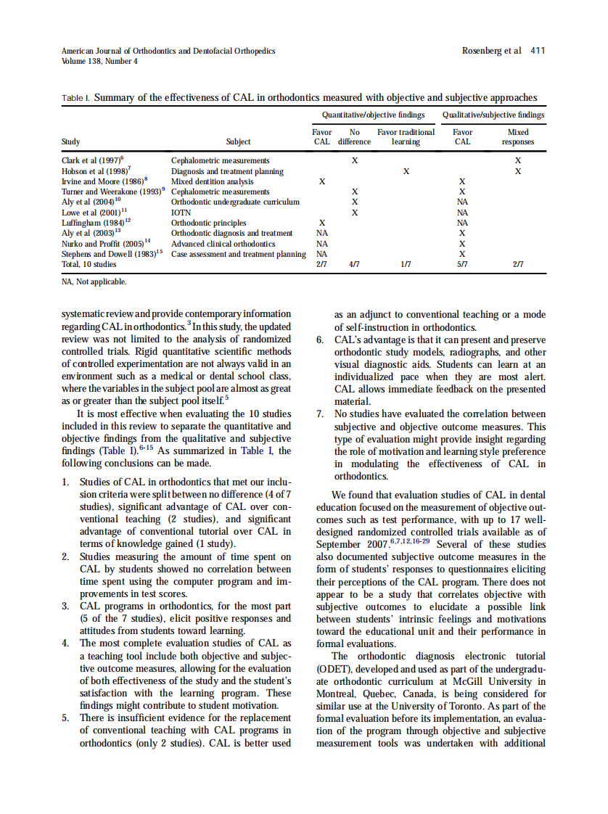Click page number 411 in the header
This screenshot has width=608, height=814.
click(x=538, y=51)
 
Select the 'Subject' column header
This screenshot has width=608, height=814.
click(x=238, y=142)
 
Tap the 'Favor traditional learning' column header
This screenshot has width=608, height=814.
click(x=406, y=137)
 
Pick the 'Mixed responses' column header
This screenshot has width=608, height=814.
click(x=518, y=137)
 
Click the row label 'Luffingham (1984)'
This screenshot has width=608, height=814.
click(x=96, y=223)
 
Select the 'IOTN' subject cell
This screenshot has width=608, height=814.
click(x=181, y=213)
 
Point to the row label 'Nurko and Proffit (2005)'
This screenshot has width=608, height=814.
click(x=106, y=244)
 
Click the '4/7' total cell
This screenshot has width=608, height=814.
click(x=354, y=265)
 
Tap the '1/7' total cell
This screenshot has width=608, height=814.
click(x=406, y=265)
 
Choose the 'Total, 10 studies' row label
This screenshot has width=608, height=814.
click(x=89, y=265)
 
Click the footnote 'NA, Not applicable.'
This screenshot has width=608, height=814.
click(x=94, y=281)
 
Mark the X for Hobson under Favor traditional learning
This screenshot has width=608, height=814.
click(x=406, y=170)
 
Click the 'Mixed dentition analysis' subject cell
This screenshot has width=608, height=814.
click(x=213, y=181)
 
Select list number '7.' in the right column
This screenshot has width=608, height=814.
click(x=321, y=414)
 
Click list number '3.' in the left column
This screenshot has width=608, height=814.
click(x=66, y=607)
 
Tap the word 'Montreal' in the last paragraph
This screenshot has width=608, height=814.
click(x=337, y=694)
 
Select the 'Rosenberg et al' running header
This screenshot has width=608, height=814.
click(x=491, y=51)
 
